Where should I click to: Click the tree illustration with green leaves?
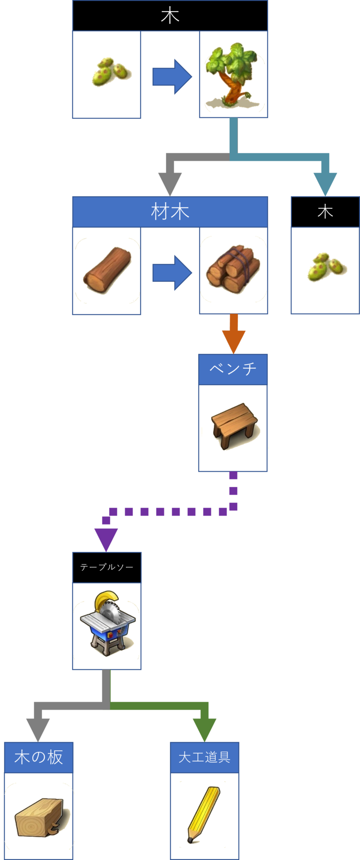[233, 74]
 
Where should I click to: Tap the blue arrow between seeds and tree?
[172, 77]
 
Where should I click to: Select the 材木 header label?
[170, 211]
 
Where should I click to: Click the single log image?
[107, 270]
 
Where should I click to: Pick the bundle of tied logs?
[233, 270]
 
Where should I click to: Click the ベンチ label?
[233, 369]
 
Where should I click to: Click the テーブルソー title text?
[107, 567]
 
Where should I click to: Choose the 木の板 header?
[39, 757]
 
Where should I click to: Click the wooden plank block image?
[40, 816]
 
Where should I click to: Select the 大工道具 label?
[204, 757]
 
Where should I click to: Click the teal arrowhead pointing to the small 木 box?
[325, 183]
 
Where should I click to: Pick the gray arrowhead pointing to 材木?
[170, 183]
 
